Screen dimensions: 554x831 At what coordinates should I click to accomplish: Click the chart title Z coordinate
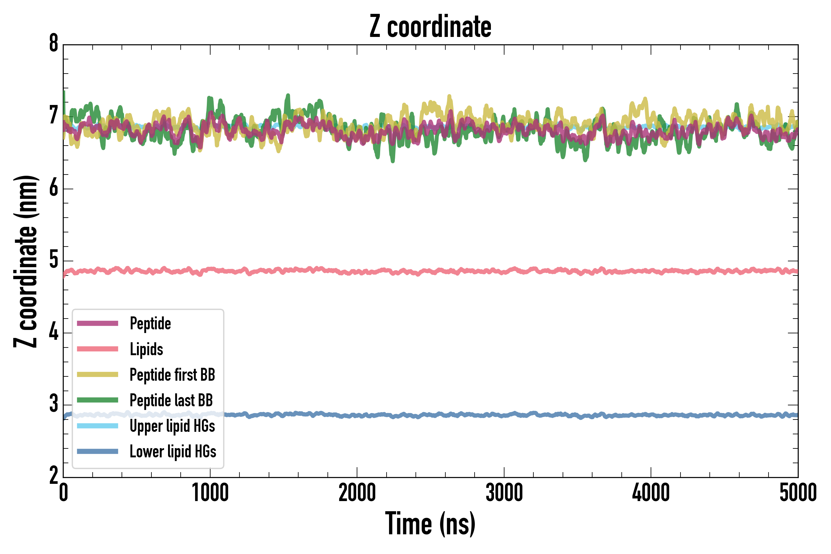[x=430, y=26]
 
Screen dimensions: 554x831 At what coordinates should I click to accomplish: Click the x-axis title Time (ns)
[x=430, y=524]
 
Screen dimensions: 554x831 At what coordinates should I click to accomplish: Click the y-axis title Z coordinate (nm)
[x=26, y=261]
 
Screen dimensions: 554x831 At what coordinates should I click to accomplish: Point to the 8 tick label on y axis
[x=54, y=44]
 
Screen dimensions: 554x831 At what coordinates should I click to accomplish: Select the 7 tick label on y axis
[x=54, y=116]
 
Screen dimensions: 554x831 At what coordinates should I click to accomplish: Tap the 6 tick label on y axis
[x=54, y=188]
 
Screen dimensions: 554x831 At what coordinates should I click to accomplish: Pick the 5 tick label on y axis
[x=54, y=260]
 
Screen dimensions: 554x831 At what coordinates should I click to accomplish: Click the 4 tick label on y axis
[x=54, y=332]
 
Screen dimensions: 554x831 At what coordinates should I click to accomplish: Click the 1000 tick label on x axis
[x=210, y=493]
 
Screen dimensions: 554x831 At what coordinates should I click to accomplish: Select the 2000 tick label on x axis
[x=357, y=493]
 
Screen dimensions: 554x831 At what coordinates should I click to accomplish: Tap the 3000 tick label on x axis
[x=504, y=493]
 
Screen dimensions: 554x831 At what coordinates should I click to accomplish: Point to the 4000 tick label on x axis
[x=651, y=493]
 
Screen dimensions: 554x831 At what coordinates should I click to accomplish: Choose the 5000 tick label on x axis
[x=798, y=493]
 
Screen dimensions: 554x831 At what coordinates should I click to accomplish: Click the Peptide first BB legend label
[x=172, y=375]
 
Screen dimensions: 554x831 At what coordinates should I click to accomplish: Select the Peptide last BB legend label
[x=171, y=400]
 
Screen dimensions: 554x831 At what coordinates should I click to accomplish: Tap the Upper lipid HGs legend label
[x=172, y=426]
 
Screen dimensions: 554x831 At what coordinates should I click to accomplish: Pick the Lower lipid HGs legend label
[x=173, y=452]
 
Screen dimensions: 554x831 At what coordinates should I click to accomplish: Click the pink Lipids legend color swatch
[x=98, y=349]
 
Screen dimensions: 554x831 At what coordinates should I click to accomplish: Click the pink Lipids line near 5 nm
[x=459, y=271]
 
